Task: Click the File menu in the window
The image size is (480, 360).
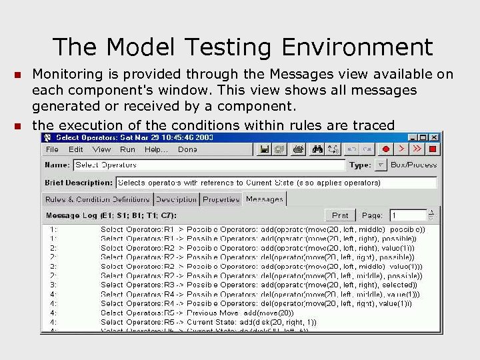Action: point(52,149)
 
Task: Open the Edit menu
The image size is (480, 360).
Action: point(76,149)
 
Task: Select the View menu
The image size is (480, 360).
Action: point(101,149)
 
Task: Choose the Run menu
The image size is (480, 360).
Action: point(127,149)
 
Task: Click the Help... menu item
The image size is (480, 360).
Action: point(157,149)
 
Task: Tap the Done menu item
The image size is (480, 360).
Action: point(187,149)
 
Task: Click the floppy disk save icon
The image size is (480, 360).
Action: point(264,149)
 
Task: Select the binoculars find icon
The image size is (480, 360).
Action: point(317,149)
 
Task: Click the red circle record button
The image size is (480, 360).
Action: point(385,149)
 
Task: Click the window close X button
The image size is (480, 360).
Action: point(432,137)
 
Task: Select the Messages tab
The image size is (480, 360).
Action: point(264,199)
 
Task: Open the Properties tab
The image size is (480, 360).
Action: point(221,199)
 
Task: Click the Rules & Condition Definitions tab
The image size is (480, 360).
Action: point(97,199)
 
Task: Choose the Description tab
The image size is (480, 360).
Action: point(176,199)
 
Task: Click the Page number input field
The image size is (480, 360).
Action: point(407,215)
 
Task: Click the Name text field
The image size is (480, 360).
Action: point(209,165)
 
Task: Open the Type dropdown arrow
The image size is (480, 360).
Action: point(380,165)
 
